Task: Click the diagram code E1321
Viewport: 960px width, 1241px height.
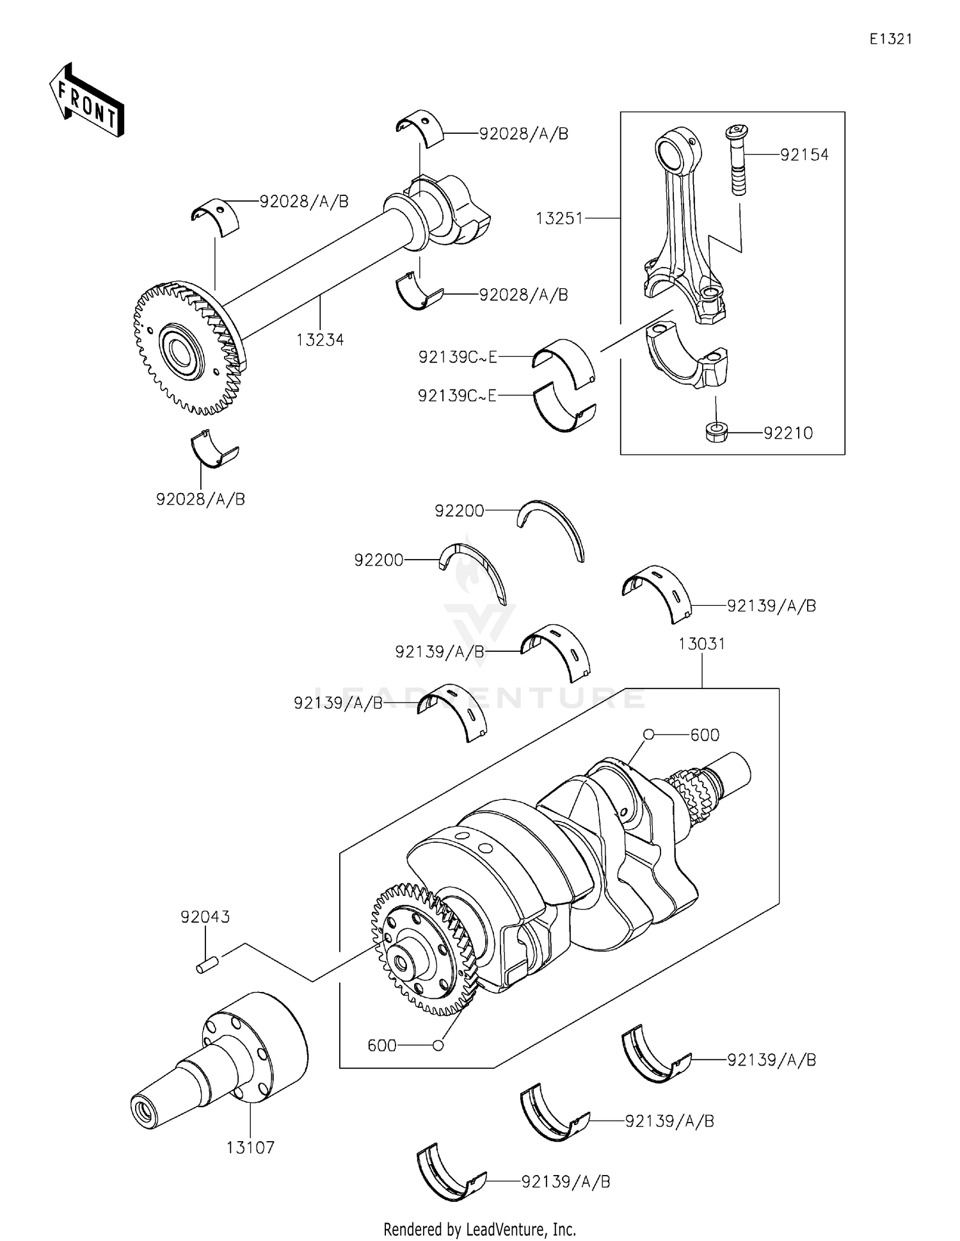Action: pos(890,39)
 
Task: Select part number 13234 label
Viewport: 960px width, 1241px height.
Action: pos(320,340)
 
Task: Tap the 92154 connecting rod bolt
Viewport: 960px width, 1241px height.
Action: pos(737,160)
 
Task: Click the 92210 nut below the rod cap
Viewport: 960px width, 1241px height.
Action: pos(716,432)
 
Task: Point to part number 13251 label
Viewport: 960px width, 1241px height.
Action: pos(559,218)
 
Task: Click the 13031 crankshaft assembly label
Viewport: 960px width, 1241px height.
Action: pos(702,644)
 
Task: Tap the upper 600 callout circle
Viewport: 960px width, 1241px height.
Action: pos(648,734)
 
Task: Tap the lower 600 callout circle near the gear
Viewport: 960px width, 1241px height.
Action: pos(438,1045)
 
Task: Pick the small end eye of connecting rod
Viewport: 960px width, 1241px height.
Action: pos(675,150)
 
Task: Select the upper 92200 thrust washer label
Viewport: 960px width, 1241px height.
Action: pos(459,510)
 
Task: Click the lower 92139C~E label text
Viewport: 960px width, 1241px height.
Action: pos(457,396)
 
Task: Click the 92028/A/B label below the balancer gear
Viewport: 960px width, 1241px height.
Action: pos(200,499)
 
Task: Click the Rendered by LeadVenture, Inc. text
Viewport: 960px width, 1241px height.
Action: pos(479,1229)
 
